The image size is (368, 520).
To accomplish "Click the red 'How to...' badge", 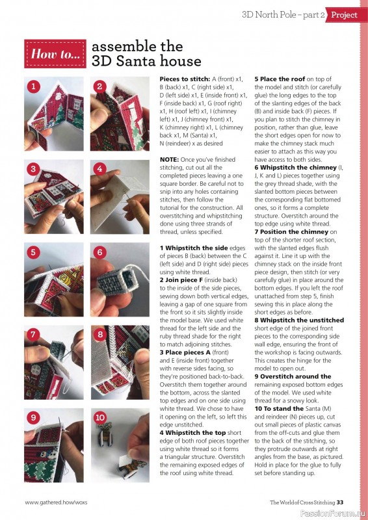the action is pos(55,54).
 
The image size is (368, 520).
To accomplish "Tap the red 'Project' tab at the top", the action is pos(343,15).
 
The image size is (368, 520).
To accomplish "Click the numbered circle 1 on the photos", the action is pos(33,87).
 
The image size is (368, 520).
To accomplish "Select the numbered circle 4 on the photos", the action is pos(99,169).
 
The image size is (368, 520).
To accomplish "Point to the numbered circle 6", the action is pos(99,252).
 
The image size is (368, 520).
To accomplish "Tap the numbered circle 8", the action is pos(100,334).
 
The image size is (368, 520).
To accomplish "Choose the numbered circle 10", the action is pos(100,417).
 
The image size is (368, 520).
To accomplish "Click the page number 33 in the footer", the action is pos(340,502).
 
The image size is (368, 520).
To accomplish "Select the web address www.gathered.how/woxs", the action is pos(56,502).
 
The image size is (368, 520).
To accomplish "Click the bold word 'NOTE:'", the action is pos(170,159).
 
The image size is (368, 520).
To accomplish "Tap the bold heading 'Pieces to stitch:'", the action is pos(185,79).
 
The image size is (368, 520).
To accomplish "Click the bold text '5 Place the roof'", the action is pos(280,79).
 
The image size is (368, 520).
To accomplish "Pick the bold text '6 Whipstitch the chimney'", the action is pos(296,168).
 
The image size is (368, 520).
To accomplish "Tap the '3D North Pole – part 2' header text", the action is pos(283,15).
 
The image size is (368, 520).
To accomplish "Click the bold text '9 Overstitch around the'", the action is pos(293,376).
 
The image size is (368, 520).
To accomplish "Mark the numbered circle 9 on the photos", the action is pos(33,417).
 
